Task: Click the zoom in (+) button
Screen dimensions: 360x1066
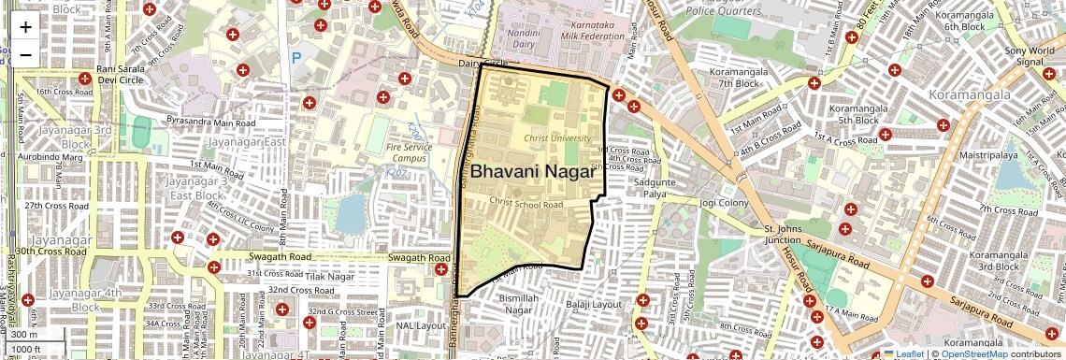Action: pyautogui.click(x=25, y=27)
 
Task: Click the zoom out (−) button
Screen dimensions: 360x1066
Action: pyautogui.click(x=25, y=55)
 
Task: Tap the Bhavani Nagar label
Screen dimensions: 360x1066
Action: pyautogui.click(x=533, y=172)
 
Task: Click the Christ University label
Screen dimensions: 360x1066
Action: pyautogui.click(x=557, y=138)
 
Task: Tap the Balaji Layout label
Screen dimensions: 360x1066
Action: pyautogui.click(x=594, y=304)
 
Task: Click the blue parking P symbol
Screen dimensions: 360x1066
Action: pyautogui.click(x=296, y=58)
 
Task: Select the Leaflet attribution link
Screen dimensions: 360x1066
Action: pyautogui.click(x=903, y=353)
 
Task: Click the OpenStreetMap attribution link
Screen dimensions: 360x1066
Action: pyautogui.click(x=973, y=353)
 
